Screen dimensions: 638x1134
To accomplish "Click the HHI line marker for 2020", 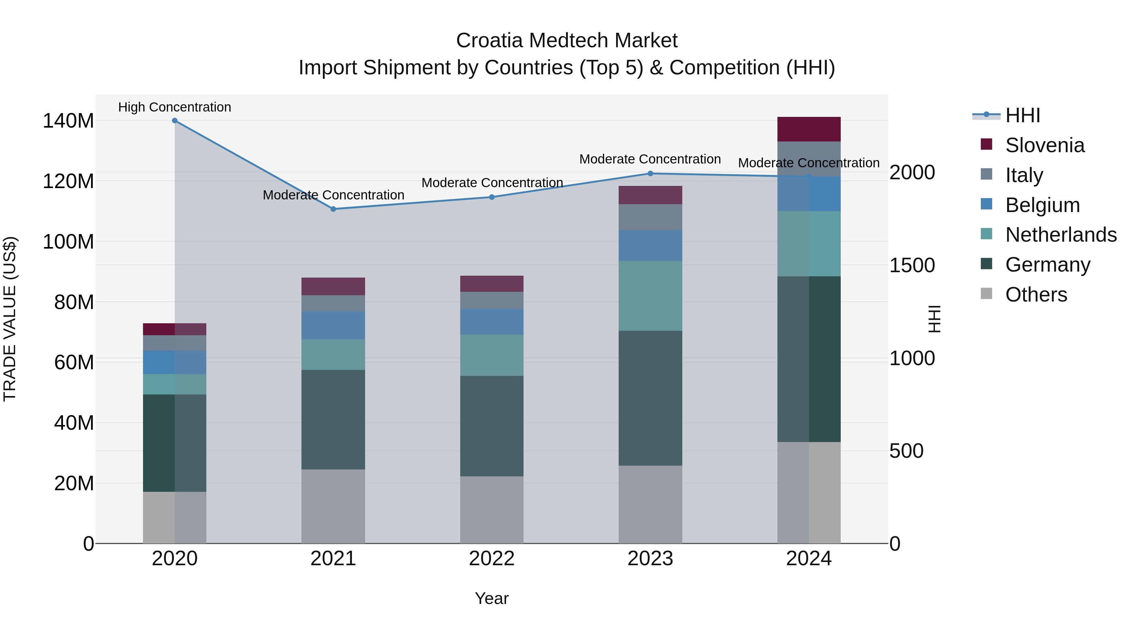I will (175, 121).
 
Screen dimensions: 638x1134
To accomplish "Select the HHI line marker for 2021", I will (333, 209).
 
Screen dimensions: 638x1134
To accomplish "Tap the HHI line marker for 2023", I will (650, 174).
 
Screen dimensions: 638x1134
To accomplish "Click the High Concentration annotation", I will (175, 107).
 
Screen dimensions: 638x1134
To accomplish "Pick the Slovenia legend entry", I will (1045, 145).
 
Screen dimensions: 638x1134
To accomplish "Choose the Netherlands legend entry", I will (1061, 235).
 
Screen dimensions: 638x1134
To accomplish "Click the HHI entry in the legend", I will (1022, 115).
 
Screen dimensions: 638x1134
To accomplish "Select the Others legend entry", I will (1036, 295).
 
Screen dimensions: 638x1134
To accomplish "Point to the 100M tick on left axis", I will (68, 242).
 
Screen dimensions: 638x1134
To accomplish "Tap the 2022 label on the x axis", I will (492, 559).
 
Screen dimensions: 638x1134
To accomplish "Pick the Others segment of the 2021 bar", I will (333, 506).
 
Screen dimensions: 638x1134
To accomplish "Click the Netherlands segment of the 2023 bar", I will (650, 296).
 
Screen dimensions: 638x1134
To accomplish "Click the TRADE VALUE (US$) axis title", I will (10, 319).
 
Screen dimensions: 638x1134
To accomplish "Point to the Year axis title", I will (492, 598).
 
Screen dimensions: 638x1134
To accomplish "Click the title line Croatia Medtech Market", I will (567, 41).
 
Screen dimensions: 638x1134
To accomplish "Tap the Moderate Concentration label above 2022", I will (492, 182).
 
